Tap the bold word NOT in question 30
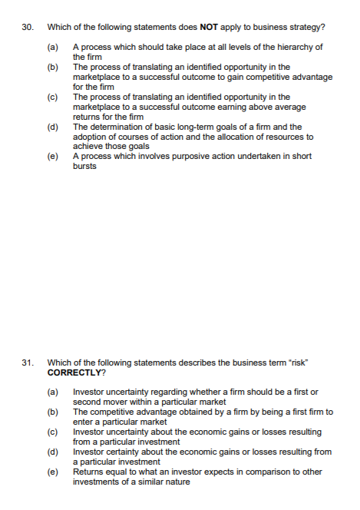(210, 28)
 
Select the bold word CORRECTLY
(74, 372)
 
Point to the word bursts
(85, 166)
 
